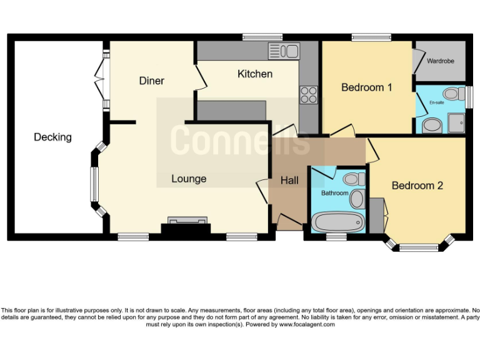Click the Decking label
pos(53,137)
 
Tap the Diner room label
pos(151,81)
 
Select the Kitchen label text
pos(254,74)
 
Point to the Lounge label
pos(189,179)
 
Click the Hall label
pos(289,181)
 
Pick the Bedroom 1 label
pos(366,87)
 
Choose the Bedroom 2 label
pos(417,186)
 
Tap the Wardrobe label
pos(441,61)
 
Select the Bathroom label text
pos(334,193)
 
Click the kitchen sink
pos(284,51)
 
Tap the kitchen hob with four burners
pos(309,94)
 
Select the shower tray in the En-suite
pos(456,122)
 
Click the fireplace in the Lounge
pos(186,224)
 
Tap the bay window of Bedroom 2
pos(418,247)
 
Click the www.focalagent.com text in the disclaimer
pos(307,324)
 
